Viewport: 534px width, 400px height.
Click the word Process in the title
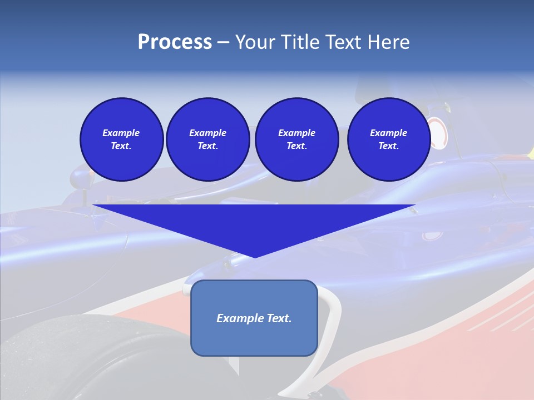(x=175, y=42)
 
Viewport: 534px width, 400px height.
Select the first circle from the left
(x=121, y=139)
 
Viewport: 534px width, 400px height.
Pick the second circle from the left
(x=207, y=139)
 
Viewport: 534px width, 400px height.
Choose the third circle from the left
(x=296, y=139)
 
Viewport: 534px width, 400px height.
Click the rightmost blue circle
(x=388, y=139)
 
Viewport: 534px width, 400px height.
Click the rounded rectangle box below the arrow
(x=254, y=339)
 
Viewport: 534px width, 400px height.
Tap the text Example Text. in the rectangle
(x=254, y=318)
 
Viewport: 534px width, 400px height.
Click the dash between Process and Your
(x=224, y=43)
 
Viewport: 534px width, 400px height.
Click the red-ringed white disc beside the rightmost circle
(x=439, y=134)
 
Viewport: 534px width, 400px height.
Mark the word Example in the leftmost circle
(x=121, y=133)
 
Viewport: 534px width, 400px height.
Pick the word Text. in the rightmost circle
(x=388, y=146)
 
